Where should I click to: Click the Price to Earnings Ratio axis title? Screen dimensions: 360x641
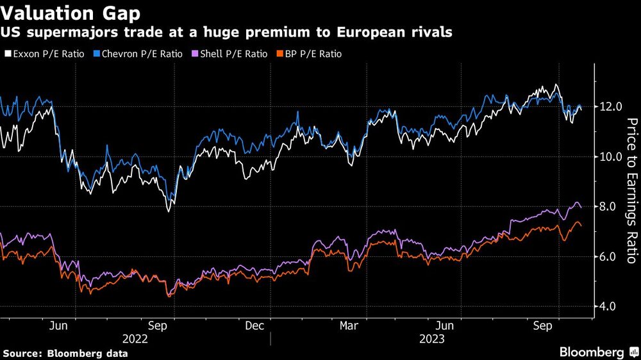click(631, 191)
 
